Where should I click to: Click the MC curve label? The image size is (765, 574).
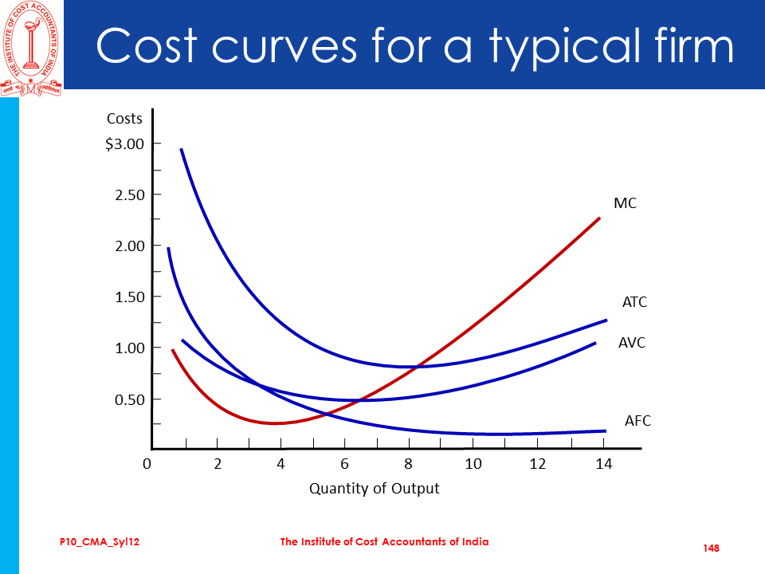626,204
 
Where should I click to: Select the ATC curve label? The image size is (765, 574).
635,303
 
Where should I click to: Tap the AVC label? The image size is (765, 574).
632,343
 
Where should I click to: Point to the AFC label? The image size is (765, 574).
637,420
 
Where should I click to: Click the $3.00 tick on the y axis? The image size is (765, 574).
125,144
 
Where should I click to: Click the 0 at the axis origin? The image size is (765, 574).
147,464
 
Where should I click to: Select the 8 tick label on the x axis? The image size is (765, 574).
409,464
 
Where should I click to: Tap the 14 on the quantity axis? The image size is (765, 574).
603,464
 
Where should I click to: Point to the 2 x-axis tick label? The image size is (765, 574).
217,464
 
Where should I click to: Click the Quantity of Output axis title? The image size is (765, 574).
374,488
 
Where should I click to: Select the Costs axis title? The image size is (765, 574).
124,119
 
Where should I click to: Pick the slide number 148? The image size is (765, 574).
712,548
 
